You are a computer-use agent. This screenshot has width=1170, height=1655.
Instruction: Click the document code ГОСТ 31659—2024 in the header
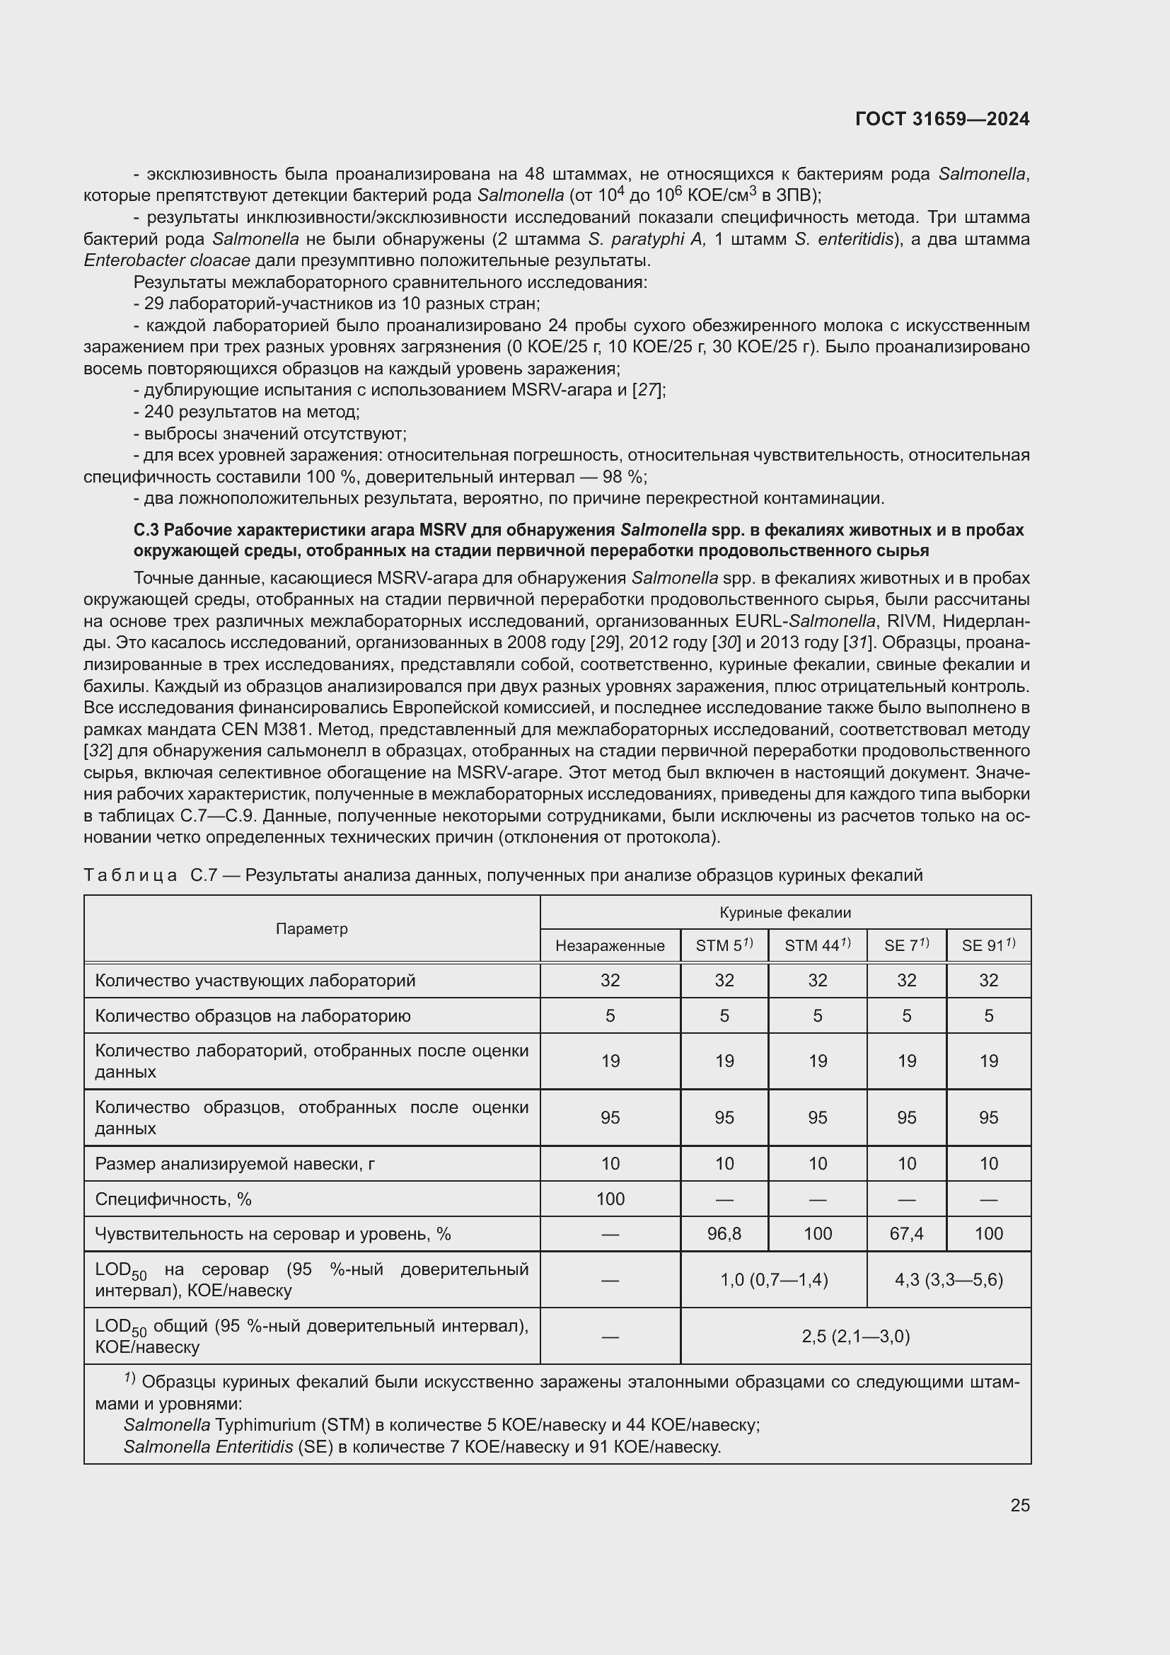[942, 119]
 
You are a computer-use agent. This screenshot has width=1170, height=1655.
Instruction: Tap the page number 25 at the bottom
[1019, 1505]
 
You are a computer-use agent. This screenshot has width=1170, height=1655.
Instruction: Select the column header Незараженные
[610, 945]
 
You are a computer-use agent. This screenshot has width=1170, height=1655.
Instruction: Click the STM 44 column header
[817, 945]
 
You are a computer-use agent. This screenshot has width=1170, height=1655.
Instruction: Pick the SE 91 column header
[987, 945]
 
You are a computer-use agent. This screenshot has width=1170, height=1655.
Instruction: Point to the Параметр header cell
[311, 928]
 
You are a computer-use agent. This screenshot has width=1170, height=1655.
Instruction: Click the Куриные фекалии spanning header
[784, 912]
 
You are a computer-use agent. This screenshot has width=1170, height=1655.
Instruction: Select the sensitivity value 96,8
[724, 1233]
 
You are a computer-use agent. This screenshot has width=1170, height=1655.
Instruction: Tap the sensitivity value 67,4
[906, 1233]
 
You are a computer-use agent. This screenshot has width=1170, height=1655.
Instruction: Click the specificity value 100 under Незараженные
[610, 1199]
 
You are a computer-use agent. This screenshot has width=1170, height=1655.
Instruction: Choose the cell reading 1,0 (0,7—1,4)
[774, 1279]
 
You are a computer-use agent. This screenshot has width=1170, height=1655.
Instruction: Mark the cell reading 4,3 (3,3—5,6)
[948, 1279]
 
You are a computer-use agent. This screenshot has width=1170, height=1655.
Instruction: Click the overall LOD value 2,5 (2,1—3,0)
[855, 1337]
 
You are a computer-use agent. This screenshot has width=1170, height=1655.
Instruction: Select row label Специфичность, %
[173, 1199]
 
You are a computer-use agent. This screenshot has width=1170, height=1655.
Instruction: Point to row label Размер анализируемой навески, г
[234, 1163]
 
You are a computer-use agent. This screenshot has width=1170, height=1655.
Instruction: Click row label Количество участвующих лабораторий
[255, 980]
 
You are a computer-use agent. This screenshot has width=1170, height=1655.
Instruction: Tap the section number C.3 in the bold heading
[146, 530]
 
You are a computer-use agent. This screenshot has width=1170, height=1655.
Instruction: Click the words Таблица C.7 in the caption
[151, 875]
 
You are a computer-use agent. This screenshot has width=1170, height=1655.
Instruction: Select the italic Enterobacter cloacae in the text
[166, 260]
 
